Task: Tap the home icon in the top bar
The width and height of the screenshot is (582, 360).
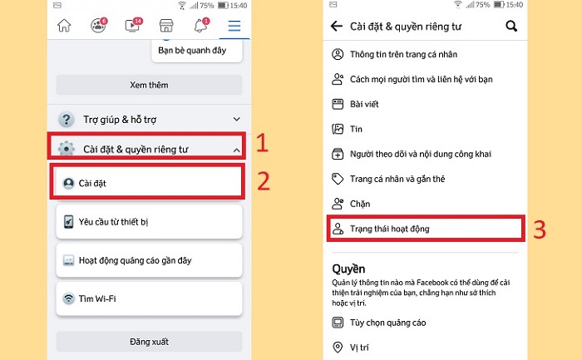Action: pyautogui.click(x=64, y=26)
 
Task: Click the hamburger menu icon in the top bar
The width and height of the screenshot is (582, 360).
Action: pyautogui.click(x=234, y=26)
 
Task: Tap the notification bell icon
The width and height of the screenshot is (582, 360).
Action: pyautogui.click(x=200, y=26)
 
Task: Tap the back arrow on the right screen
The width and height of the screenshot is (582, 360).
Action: pyautogui.click(x=337, y=26)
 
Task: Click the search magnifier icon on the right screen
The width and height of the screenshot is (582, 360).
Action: pyautogui.click(x=511, y=26)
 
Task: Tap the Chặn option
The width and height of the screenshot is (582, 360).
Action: pyautogui.click(x=360, y=203)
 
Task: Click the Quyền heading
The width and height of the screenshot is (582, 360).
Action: pyautogui.click(x=350, y=269)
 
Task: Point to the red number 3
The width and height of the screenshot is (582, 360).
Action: pyautogui.click(x=539, y=230)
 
